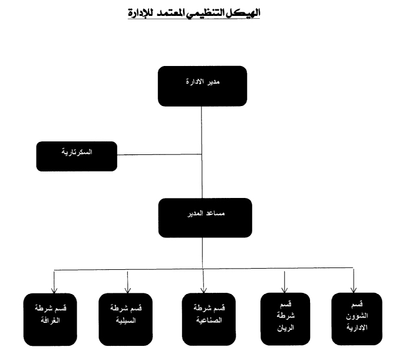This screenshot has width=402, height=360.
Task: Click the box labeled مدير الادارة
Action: click(202, 86)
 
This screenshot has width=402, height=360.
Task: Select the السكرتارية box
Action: click(77, 156)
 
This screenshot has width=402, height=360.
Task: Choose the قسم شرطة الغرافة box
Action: click(51, 319)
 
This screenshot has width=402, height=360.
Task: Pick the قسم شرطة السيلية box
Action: click(126, 319)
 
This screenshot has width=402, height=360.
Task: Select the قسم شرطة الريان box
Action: click(285, 318)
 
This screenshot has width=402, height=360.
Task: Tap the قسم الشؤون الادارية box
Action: click(353, 318)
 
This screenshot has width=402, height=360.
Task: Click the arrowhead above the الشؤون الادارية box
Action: click(353, 289)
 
